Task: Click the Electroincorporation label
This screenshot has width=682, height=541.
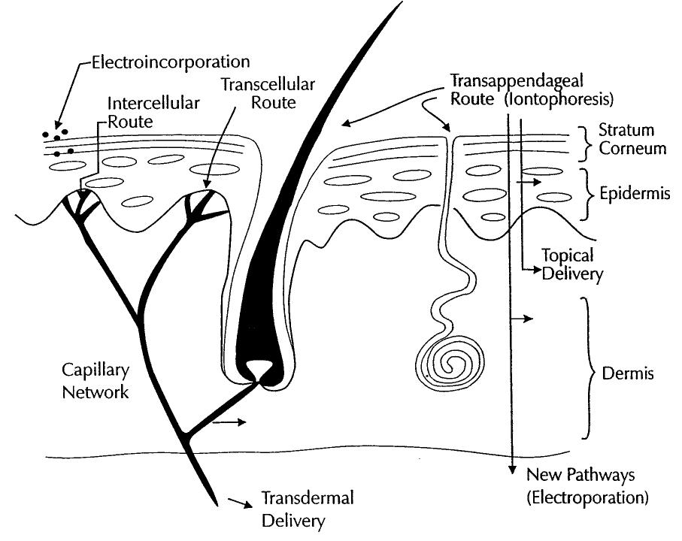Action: [x=170, y=61]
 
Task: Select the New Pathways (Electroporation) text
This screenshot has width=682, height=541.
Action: [x=587, y=485]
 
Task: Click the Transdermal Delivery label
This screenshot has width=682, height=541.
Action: [x=306, y=509]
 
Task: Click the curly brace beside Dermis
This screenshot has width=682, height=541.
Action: [x=589, y=368]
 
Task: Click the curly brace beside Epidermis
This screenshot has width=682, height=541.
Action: [x=590, y=193]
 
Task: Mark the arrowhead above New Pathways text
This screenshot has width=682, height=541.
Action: [x=511, y=469]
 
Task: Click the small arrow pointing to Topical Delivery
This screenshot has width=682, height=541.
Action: [x=532, y=267]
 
